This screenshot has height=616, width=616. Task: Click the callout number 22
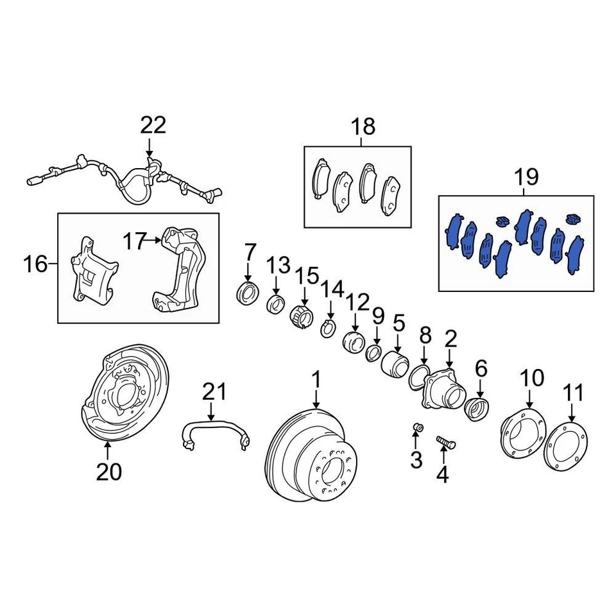(x=153, y=124)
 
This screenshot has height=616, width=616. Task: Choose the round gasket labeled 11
(x=565, y=447)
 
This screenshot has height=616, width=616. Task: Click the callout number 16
(x=37, y=263)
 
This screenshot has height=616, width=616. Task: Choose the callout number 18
(x=363, y=126)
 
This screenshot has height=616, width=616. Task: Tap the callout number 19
(x=525, y=176)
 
